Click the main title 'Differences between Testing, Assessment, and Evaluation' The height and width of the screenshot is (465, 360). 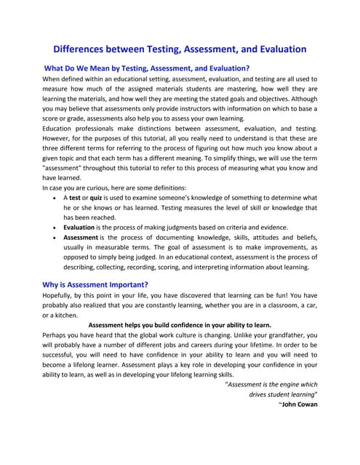180,49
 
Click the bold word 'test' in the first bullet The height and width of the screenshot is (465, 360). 76,197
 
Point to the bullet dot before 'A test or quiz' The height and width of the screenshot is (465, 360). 57,198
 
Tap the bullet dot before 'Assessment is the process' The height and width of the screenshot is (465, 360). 57,238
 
